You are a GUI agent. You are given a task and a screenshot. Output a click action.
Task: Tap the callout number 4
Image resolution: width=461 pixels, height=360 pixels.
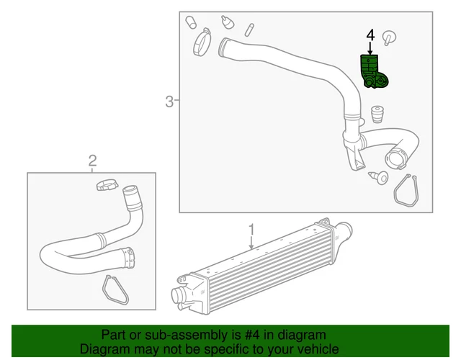point(371,35)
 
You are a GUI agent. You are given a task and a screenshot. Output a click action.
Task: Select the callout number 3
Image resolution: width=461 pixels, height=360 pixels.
point(169,102)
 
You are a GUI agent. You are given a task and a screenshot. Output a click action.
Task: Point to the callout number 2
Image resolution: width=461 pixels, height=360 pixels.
point(92,160)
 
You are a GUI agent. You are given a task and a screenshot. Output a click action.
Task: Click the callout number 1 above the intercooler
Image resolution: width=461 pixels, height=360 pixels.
point(251,230)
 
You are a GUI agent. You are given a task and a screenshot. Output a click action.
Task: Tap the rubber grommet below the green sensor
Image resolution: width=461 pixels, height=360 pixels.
point(376,116)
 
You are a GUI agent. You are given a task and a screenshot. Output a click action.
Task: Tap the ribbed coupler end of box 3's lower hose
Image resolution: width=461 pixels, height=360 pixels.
point(398,155)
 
